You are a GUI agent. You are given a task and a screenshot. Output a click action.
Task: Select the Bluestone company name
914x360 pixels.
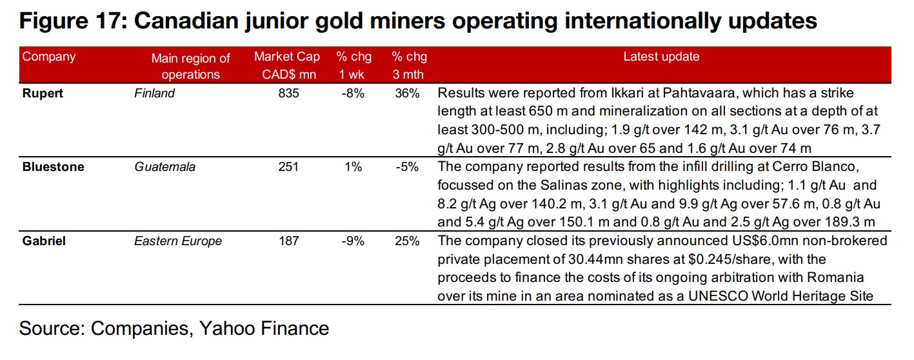click(x=53, y=167)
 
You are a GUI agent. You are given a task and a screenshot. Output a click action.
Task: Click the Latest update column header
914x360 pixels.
click(x=661, y=57)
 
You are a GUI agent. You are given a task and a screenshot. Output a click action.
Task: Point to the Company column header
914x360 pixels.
click(x=49, y=57)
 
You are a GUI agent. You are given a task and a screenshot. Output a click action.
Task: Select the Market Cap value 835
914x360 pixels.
click(x=289, y=93)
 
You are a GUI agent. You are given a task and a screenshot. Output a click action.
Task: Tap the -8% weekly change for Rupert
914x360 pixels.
click(x=353, y=93)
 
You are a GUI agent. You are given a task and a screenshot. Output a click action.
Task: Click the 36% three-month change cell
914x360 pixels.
click(x=407, y=93)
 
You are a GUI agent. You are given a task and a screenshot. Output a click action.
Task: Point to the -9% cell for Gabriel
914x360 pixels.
click(x=353, y=241)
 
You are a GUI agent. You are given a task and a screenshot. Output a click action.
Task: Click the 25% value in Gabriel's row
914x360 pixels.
click(x=407, y=241)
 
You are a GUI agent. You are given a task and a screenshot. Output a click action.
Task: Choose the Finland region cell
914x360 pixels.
click(x=154, y=93)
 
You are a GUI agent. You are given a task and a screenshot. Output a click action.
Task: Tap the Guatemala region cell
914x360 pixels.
click(x=164, y=167)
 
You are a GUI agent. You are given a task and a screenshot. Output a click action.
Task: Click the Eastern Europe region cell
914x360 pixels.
click(x=177, y=241)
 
